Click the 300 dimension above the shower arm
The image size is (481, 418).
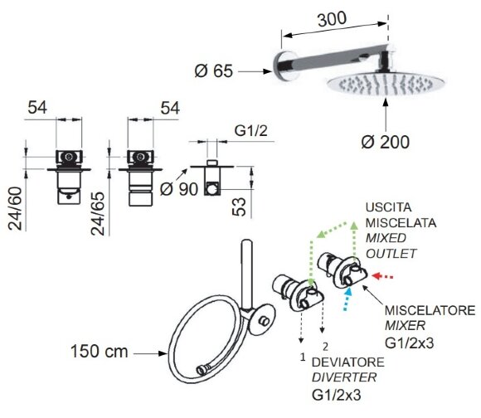[333, 19]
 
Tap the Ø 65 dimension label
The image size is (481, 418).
[214, 70]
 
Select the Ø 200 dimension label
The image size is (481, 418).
[386, 142]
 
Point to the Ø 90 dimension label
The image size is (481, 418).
[179, 189]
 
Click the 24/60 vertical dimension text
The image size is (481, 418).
[15, 208]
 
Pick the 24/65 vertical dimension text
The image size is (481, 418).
[98, 213]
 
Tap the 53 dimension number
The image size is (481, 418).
[240, 207]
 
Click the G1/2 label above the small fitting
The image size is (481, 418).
[251, 131]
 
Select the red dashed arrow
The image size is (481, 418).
[382, 277]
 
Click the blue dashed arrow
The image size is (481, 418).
[347, 299]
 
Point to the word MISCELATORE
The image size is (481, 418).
[430, 310]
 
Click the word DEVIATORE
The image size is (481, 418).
[348, 362]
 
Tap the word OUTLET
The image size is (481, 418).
[391, 254]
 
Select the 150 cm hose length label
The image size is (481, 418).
[99, 351]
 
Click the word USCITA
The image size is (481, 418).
[388, 207]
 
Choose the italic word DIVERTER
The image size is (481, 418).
[344, 377]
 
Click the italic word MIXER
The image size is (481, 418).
[406, 325]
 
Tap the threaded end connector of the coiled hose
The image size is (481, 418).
[202, 370]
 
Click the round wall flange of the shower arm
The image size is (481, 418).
[282, 66]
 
